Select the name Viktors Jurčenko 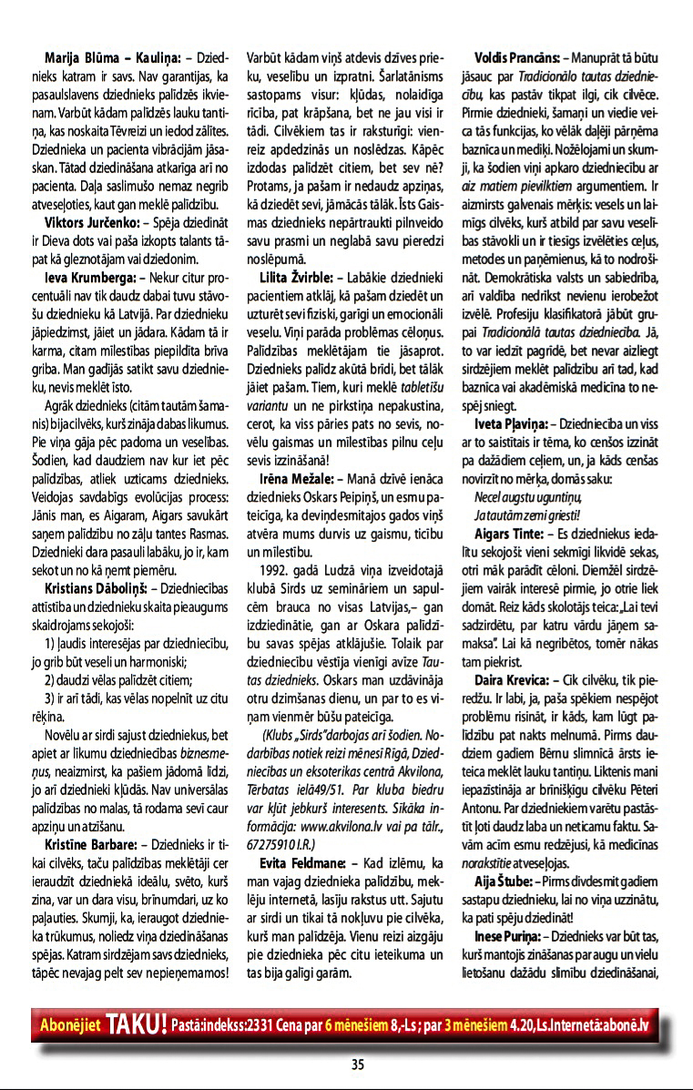point(92,221)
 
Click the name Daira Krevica point(511,680)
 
